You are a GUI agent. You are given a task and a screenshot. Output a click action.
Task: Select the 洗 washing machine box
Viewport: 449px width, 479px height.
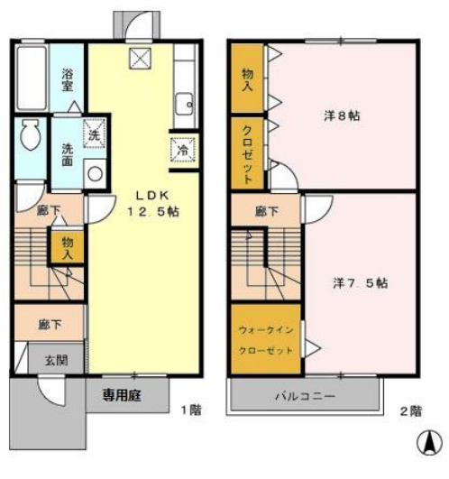coord(95,133)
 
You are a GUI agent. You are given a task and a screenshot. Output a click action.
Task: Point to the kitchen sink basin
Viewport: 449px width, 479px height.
coord(185,102)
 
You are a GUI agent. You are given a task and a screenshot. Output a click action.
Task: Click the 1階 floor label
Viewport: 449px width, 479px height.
coord(189,410)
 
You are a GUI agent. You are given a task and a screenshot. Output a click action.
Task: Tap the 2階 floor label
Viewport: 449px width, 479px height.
coord(410,410)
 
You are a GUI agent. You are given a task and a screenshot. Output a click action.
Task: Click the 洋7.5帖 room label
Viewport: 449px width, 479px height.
coord(358,281)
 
